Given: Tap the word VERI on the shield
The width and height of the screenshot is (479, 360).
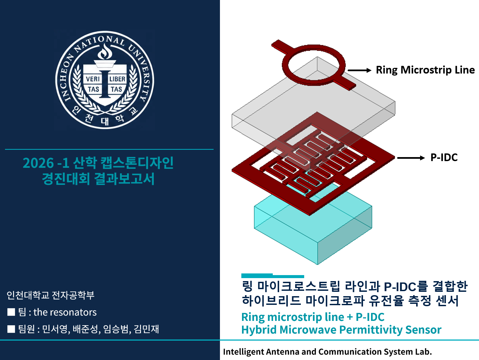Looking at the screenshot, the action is pyautogui.click(x=93, y=79).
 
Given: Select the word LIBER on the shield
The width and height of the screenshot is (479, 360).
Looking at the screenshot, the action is pyautogui.click(x=117, y=79).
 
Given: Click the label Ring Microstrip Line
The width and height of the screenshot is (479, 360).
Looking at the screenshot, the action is pyautogui.click(x=425, y=70).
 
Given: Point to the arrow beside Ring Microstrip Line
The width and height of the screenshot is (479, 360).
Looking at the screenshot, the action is pyautogui.click(x=359, y=70).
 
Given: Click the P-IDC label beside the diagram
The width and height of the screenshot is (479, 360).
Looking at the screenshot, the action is pyautogui.click(x=444, y=157).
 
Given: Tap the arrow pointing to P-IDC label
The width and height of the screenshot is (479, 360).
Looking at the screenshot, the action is pyautogui.click(x=411, y=158).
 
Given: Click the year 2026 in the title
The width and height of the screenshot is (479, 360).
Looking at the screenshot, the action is pyautogui.click(x=38, y=163).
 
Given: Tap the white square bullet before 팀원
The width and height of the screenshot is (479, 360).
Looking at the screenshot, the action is pyautogui.click(x=11, y=329).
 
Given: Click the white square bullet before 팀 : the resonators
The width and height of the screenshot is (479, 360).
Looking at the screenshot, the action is pyautogui.click(x=11, y=312).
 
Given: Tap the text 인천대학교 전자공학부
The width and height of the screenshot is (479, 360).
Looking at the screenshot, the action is pyautogui.click(x=50, y=295).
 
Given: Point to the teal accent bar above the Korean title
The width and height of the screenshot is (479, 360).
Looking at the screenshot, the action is pyautogui.click(x=272, y=276).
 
